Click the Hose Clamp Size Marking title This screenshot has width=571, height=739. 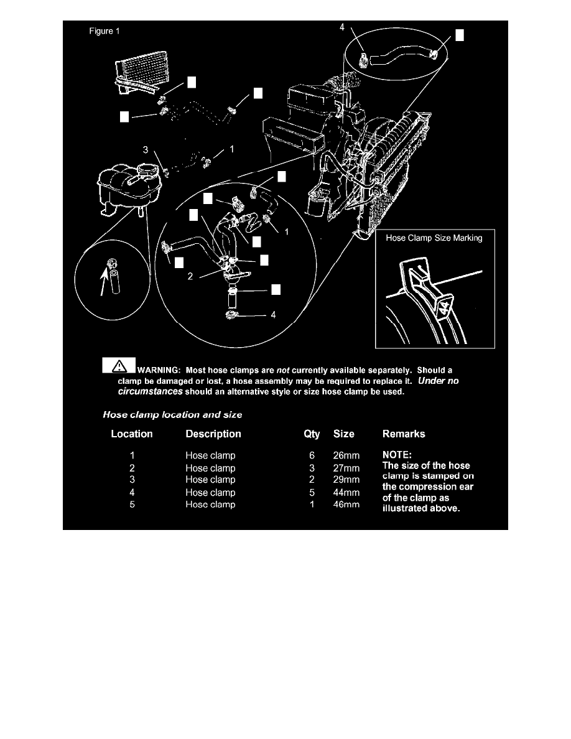[x=434, y=238]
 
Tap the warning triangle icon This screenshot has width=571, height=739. [x=119, y=365]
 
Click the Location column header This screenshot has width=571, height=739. [x=132, y=434]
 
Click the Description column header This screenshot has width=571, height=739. [x=213, y=434]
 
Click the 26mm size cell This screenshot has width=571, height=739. [x=346, y=455]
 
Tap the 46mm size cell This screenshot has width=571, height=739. [x=346, y=504]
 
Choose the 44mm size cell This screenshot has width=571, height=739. [x=346, y=493]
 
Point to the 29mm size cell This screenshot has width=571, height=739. [x=346, y=480]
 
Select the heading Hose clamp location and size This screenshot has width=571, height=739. [x=172, y=413]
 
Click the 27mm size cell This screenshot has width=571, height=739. [x=346, y=468]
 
